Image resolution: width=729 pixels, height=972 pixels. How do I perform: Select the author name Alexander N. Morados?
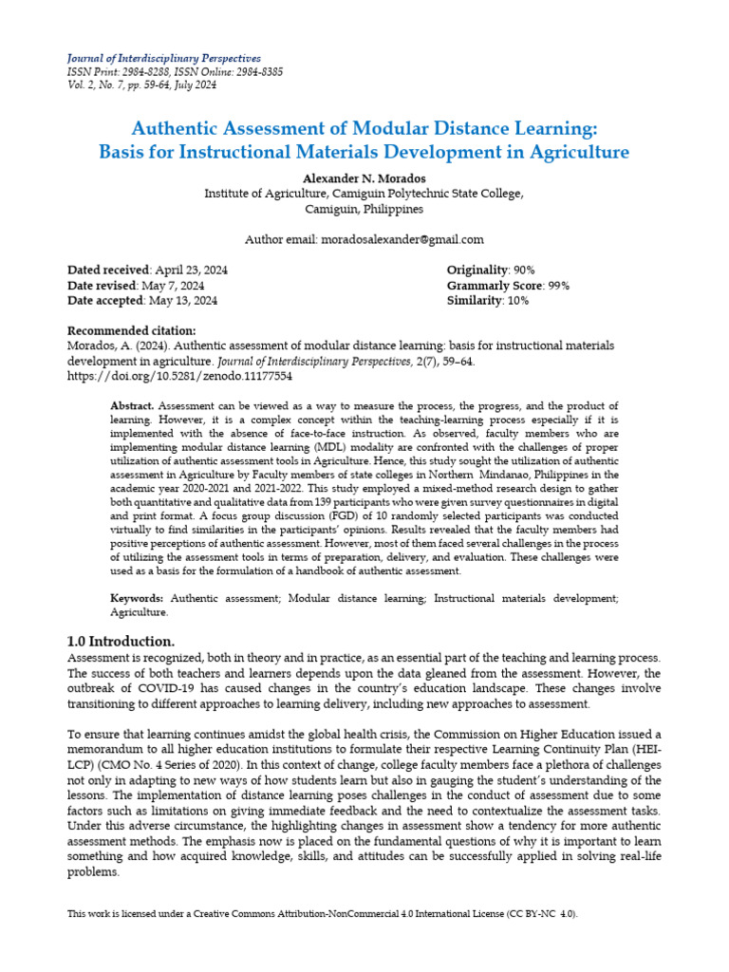pyautogui.click(x=364, y=178)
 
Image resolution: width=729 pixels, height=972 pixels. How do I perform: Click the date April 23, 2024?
pyautogui.click(x=190, y=271)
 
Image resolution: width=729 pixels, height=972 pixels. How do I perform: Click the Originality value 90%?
pyautogui.click(x=525, y=271)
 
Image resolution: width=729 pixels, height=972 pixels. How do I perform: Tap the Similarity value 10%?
pyautogui.click(x=518, y=301)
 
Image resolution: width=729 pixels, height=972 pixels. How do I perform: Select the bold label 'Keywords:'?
pyautogui.click(x=138, y=599)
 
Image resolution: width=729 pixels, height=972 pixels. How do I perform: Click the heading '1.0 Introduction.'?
pyautogui.click(x=121, y=642)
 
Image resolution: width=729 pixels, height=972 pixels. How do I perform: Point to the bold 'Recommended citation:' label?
pyautogui.click(x=131, y=329)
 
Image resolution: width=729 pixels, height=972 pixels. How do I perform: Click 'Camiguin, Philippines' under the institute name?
pyautogui.click(x=364, y=209)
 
